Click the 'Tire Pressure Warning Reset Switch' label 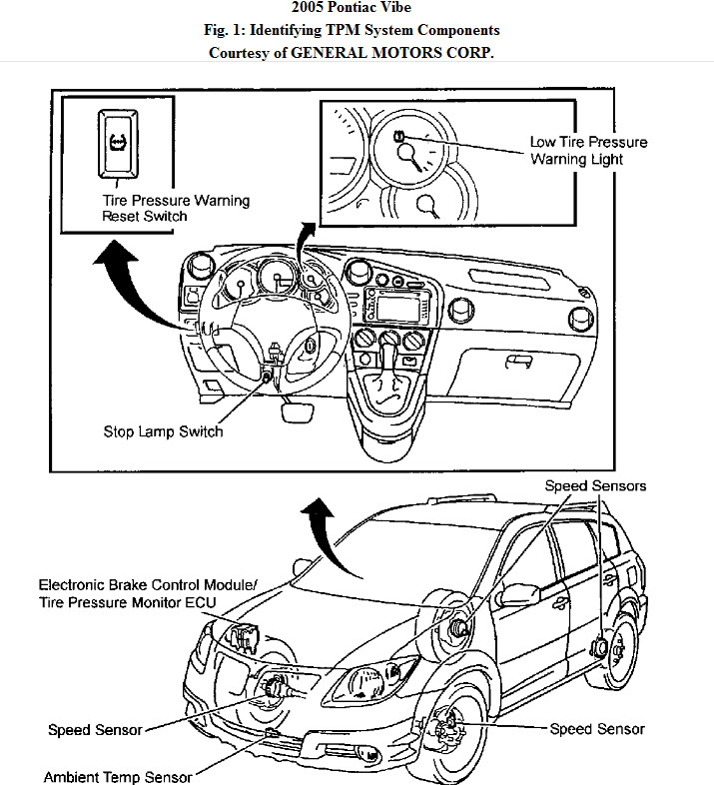pos(176,208)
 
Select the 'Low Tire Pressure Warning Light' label pos(588,150)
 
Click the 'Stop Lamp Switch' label pos(163,431)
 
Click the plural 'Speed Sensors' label pos(595,486)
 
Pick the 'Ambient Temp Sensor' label pos(117,775)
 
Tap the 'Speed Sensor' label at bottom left pos(95,730)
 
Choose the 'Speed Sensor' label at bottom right pos(597,729)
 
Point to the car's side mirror pos(518,591)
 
